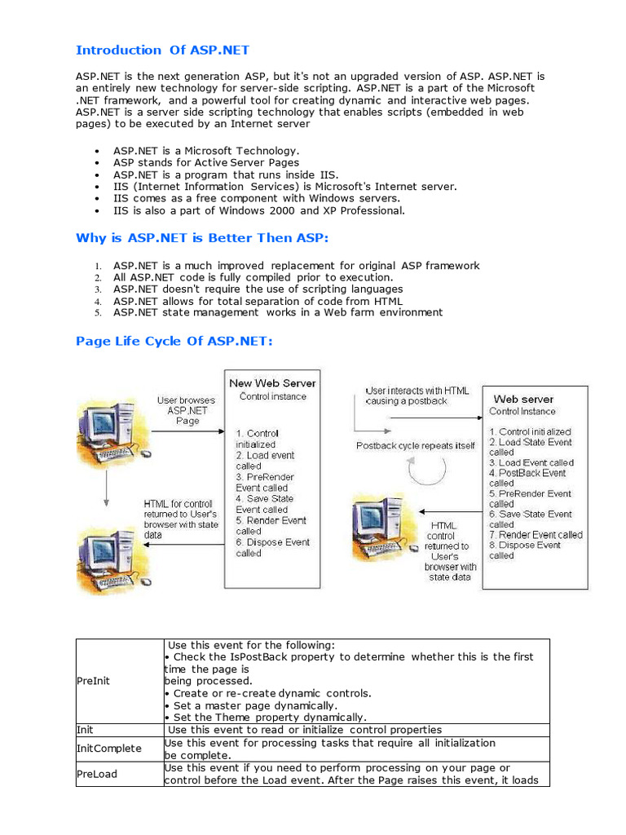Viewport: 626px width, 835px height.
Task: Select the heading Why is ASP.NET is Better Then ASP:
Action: tap(201, 238)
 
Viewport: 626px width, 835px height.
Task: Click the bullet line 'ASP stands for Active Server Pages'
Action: tap(206, 162)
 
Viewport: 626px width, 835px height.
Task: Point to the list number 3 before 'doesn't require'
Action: tap(97, 289)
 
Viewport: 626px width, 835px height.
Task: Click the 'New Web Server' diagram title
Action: tap(272, 382)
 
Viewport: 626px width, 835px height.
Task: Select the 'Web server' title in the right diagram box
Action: tap(523, 399)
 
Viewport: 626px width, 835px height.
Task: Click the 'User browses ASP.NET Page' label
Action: tap(187, 410)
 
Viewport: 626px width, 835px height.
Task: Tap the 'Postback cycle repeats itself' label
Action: tap(416, 446)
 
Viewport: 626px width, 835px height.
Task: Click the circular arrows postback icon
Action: tap(427, 471)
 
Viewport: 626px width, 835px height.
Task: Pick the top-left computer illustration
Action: tap(107, 432)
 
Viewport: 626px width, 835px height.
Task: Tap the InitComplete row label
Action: tap(108, 748)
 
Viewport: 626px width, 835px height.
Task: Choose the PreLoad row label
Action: tap(96, 774)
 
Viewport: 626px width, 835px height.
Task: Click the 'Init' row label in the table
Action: tap(85, 730)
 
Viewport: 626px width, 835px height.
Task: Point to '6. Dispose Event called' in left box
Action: tap(272, 547)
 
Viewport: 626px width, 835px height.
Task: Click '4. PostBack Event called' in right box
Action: tap(527, 478)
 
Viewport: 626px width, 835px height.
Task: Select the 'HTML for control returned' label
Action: tap(181, 515)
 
